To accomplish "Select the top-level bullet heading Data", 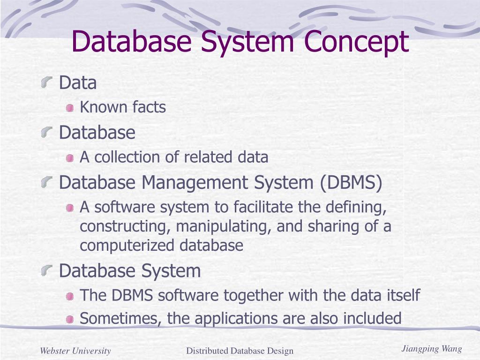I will tap(78, 83).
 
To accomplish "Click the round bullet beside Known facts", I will tap(70, 108).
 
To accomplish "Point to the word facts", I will tap(149, 107).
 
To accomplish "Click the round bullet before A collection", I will tap(70, 158).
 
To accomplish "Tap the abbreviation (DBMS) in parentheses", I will tap(352, 182).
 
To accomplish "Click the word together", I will tap(254, 296).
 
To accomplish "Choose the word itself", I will tap(402, 296).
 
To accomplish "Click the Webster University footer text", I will tap(75, 351).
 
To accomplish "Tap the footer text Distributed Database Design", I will tap(240, 351).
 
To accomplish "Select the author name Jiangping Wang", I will tap(432, 349).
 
